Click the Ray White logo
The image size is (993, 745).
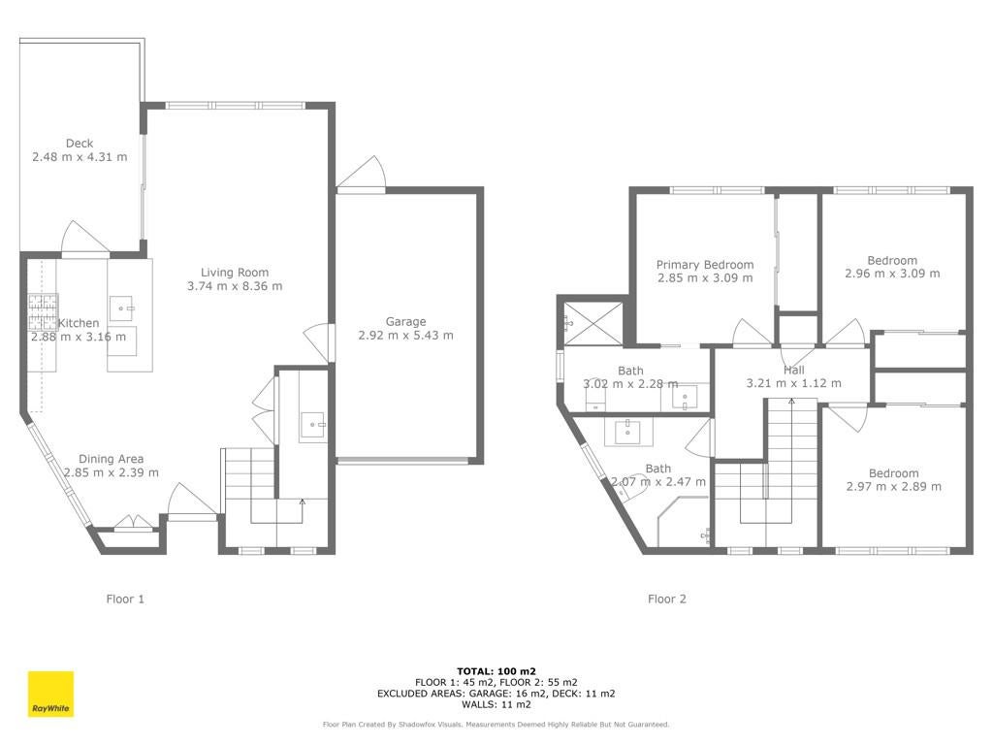50,694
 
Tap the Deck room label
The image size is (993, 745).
80,144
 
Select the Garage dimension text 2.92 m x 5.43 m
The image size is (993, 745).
406,335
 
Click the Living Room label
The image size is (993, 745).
235,273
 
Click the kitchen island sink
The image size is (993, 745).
121,308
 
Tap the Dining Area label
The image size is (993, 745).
112,459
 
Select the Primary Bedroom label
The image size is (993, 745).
705,265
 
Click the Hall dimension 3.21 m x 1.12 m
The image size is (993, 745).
794,383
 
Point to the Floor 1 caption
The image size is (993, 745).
125,599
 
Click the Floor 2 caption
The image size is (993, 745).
667,599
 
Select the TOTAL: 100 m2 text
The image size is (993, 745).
496,671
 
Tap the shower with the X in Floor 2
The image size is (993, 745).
593,324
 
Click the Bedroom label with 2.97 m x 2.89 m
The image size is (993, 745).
893,473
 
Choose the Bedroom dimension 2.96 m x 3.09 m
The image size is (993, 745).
892,274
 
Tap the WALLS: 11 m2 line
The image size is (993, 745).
496,704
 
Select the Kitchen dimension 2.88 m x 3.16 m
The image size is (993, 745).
79,337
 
